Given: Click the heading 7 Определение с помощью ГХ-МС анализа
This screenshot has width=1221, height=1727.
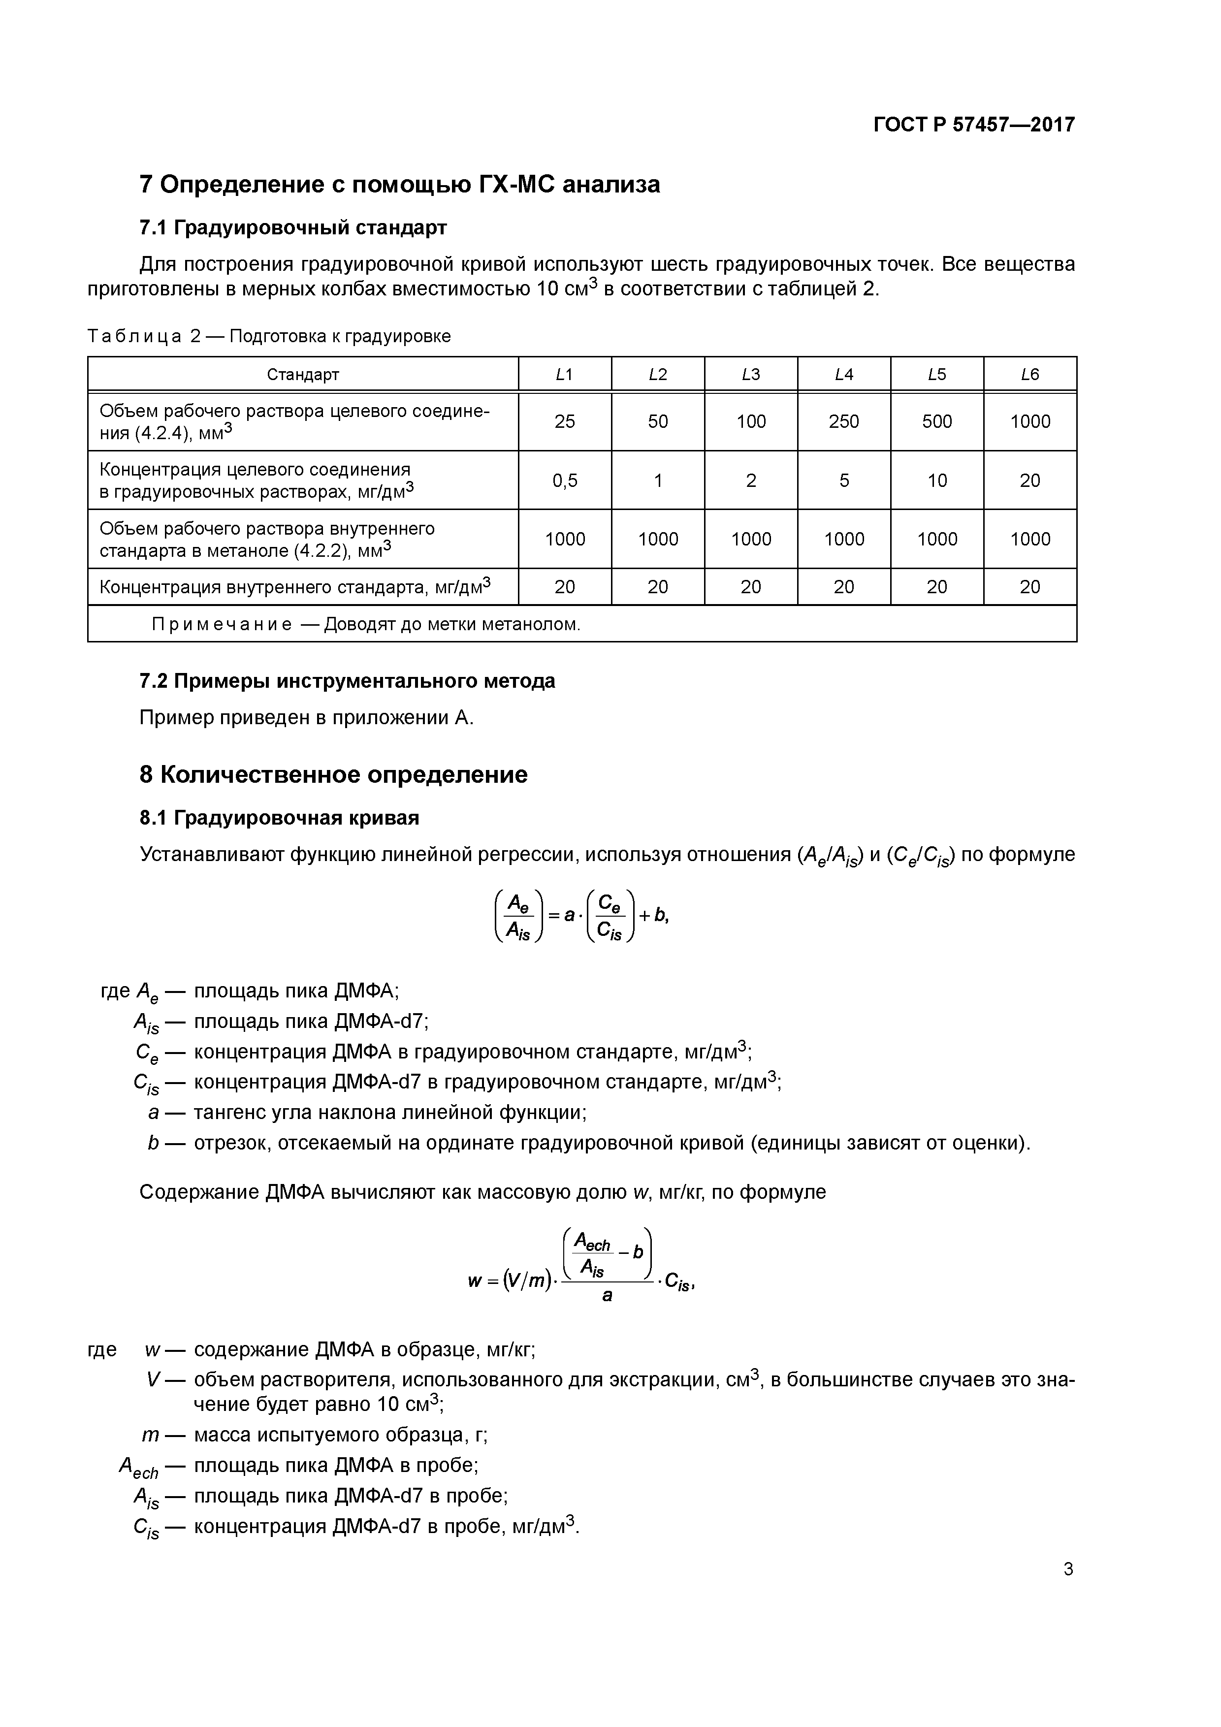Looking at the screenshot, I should pyautogui.click(x=399, y=184).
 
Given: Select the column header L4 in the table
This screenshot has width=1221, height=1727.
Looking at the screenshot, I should pyautogui.click(x=843, y=375).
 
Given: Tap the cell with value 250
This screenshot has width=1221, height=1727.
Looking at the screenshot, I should pyautogui.click(x=843, y=422).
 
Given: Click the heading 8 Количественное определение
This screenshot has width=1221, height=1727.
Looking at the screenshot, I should pyautogui.click(x=333, y=775).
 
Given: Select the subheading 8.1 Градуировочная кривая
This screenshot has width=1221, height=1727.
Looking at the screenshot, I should pyautogui.click(x=279, y=818).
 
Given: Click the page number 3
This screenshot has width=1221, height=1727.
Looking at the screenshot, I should pyautogui.click(x=1067, y=1569).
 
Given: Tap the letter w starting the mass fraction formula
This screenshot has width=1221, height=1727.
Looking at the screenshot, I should pyautogui.click(x=474, y=1281).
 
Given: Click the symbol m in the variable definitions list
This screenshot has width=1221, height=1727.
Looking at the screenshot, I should pyautogui.click(x=151, y=1435).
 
